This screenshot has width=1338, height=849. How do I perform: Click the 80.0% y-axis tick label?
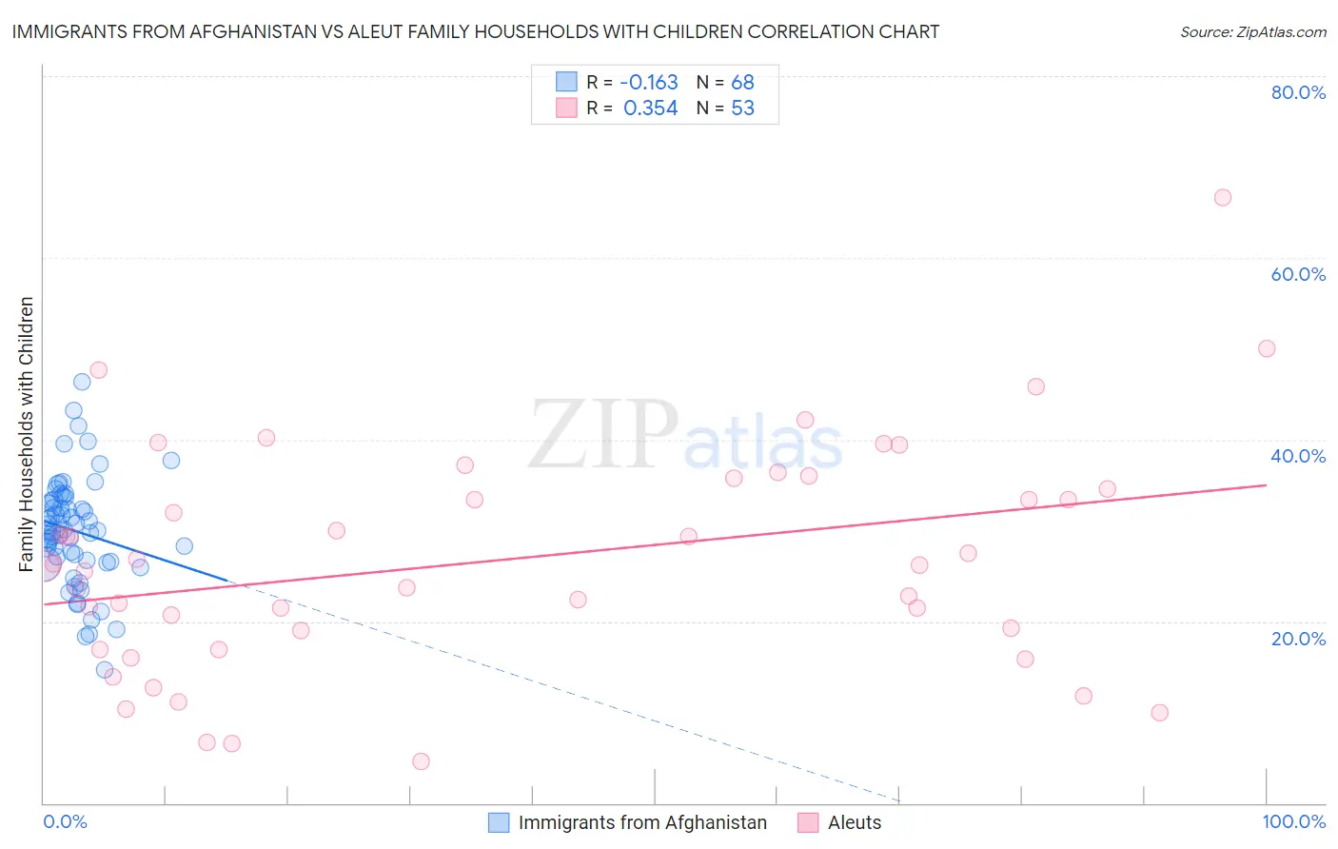point(1298,92)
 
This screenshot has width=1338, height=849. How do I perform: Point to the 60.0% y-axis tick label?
point(1298,274)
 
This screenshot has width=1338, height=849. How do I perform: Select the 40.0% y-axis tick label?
point(1298,456)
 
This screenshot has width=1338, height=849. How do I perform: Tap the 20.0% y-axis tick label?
point(1298,639)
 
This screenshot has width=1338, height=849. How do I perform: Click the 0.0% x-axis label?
point(65,821)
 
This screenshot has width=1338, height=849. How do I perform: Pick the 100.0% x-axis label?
point(1293,821)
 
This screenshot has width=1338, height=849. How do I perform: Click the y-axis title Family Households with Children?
point(27,434)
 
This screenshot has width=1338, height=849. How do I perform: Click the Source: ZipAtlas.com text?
point(1252,31)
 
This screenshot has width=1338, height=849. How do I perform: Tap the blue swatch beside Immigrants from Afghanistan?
point(499,822)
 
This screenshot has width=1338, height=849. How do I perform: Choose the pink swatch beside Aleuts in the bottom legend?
point(808,822)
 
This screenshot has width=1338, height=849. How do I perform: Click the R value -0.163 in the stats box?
point(649,82)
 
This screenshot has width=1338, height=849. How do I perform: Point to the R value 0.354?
point(651,108)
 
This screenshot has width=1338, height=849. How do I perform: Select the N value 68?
point(742,82)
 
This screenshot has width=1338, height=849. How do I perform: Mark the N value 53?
point(742,108)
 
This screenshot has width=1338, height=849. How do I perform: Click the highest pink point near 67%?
point(1223,198)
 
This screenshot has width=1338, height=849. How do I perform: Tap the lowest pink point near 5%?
point(421,761)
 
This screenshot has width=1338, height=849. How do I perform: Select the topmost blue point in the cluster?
point(82,382)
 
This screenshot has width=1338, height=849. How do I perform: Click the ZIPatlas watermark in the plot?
point(685,436)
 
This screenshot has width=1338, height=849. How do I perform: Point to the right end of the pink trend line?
point(1266,485)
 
